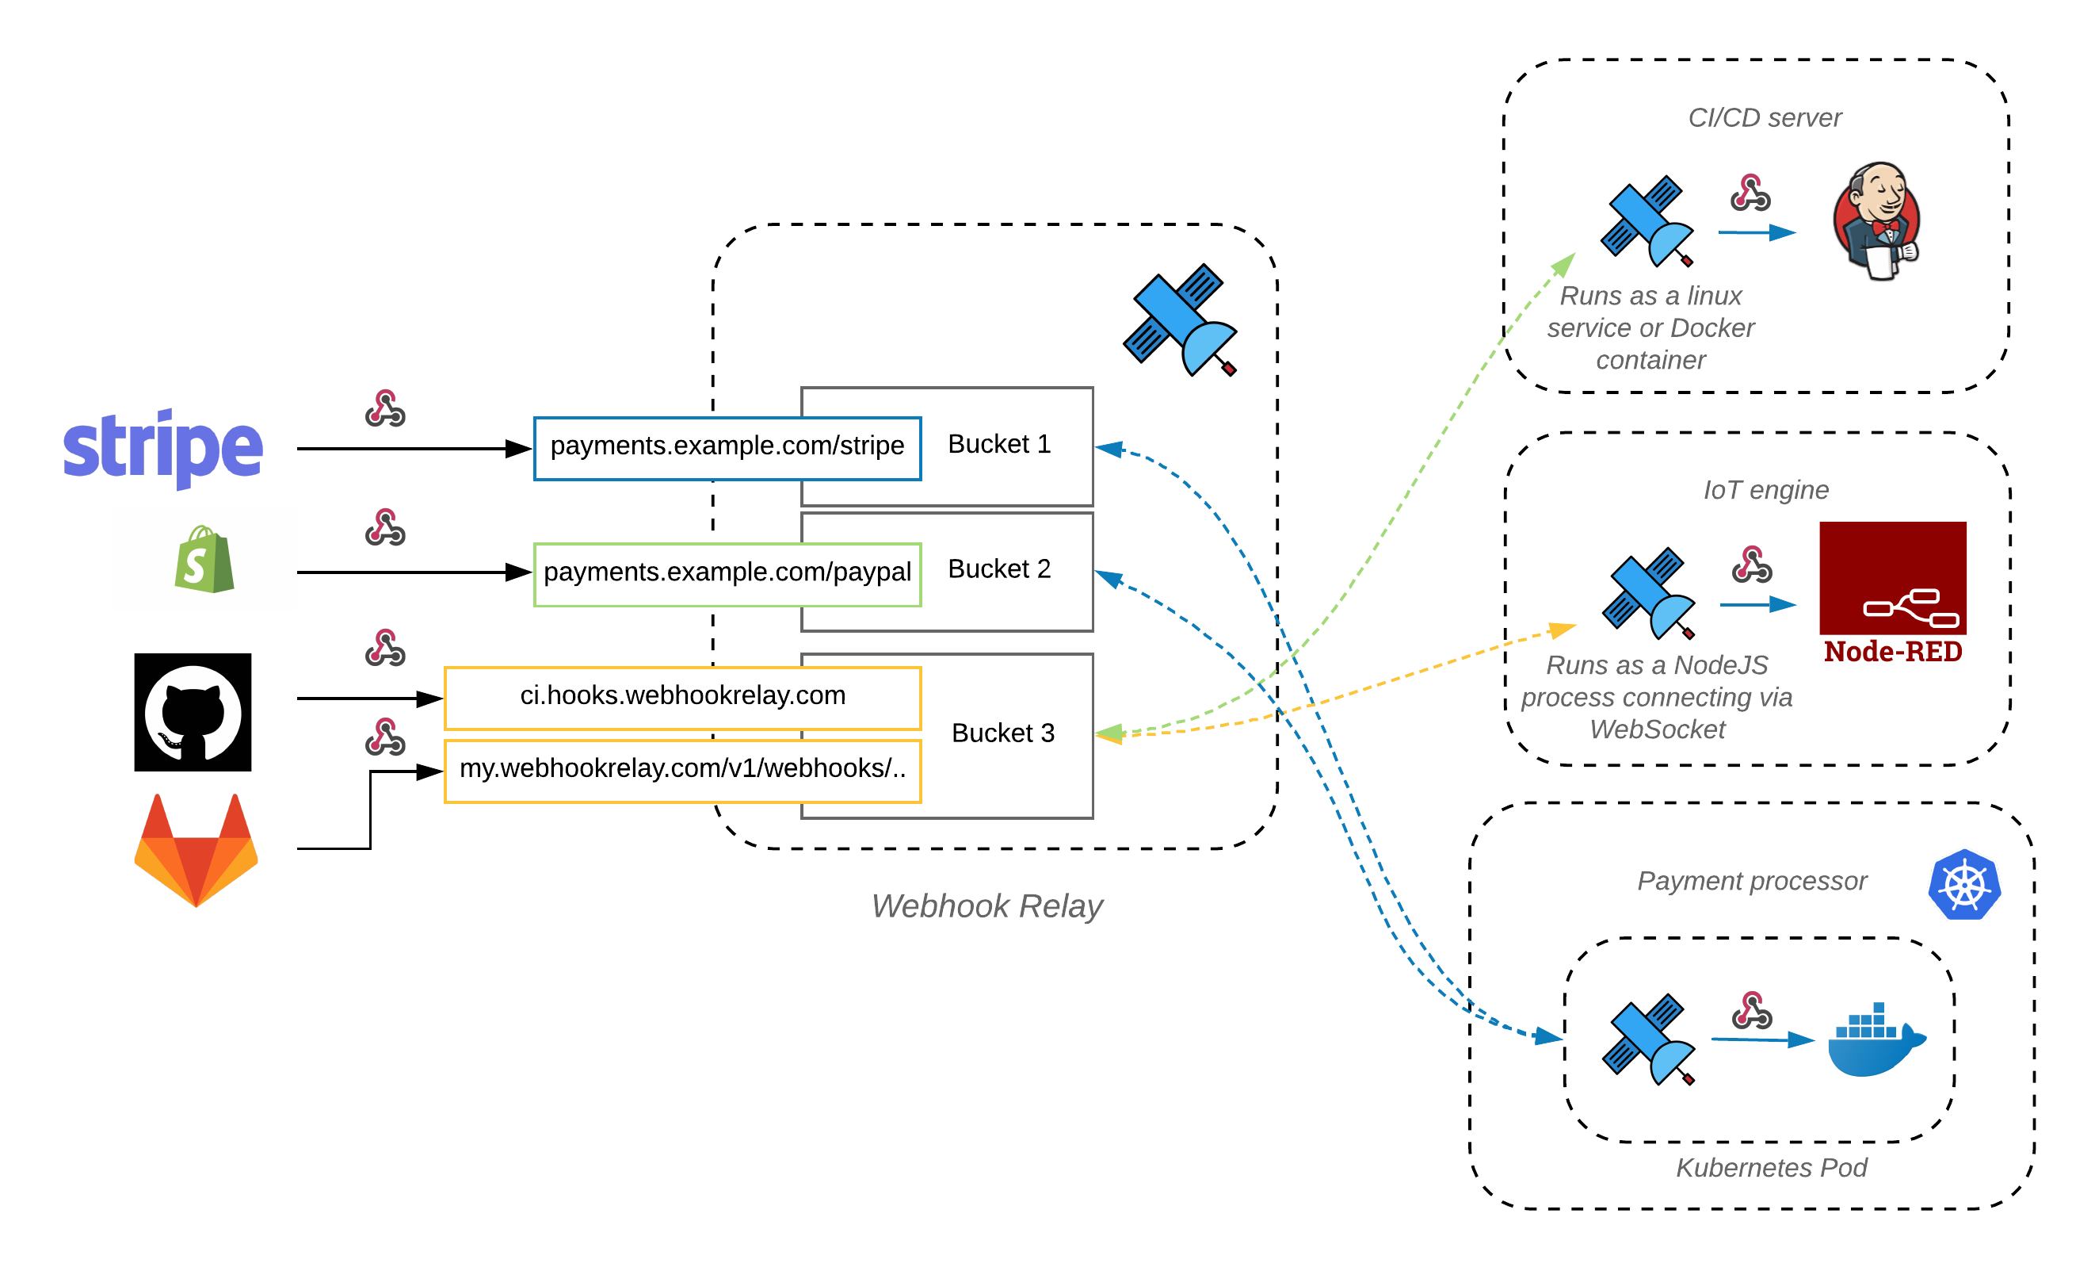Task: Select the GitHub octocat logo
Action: point(193,712)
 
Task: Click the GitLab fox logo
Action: point(196,850)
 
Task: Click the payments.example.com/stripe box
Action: point(727,446)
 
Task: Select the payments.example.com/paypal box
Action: point(727,572)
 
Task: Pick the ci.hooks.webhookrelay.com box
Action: point(683,696)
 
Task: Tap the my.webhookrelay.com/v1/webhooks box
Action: point(683,769)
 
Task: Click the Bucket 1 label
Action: point(999,444)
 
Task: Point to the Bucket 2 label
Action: point(999,569)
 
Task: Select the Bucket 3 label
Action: point(1002,733)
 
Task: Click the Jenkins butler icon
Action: point(1877,221)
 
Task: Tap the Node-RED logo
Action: point(1893,592)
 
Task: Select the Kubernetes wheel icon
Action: point(1964,885)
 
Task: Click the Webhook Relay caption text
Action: point(986,906)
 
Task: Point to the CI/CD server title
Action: point(1765,117)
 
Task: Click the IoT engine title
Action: point(1766,490)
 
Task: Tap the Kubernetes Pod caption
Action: point(1771,1168)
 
